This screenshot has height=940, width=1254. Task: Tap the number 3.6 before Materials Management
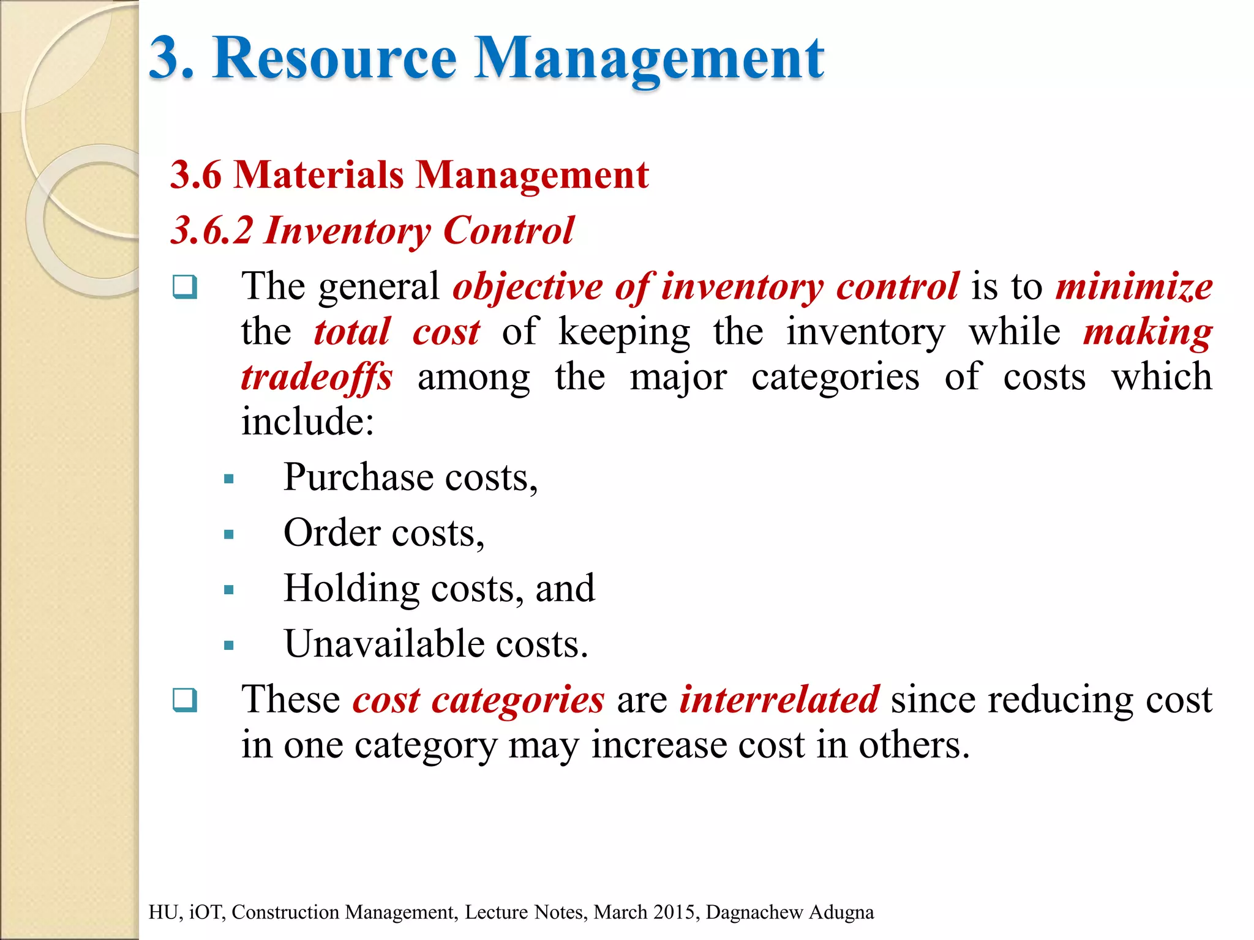tap(195, 175)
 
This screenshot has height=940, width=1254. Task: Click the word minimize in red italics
tap(1134, 286)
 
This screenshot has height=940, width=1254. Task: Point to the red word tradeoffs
tap(317, 377)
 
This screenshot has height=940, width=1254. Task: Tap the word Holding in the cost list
tap(351, 589)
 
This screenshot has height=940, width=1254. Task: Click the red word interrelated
tap(779, 700)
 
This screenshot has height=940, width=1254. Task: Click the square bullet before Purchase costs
tap(229, 479)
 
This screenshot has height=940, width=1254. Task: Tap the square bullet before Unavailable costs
tap(229, 646)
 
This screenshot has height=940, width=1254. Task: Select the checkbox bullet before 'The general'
tap(185, 286)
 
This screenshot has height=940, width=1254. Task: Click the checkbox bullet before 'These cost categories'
tap(185, 700)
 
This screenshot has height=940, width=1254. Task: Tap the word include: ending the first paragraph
tap(307, 422)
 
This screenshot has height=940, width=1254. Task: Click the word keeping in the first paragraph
tap(624, 332)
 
